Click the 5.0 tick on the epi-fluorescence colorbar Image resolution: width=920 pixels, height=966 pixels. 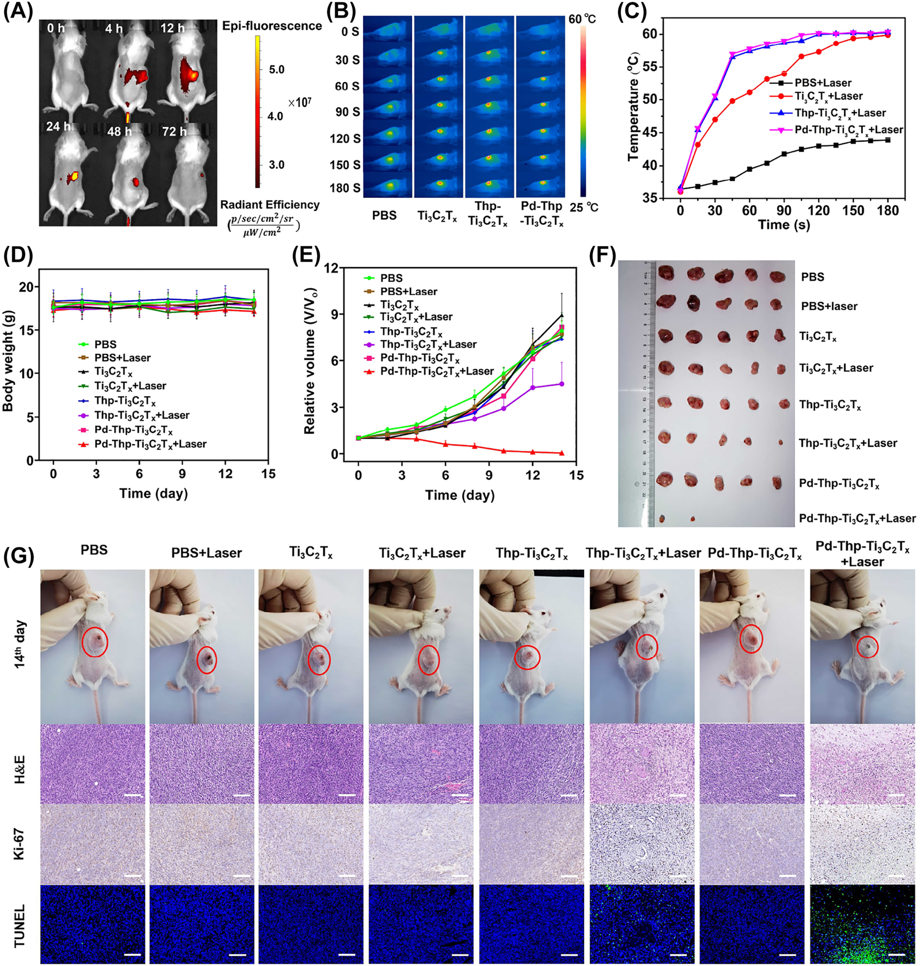click(276, 70)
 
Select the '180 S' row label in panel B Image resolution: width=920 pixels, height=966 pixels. click(345, 188)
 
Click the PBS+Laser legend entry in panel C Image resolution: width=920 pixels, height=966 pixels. click(822, 83)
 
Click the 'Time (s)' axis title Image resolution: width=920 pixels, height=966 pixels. click(784, 225)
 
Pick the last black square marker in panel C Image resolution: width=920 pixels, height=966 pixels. click(887, 140)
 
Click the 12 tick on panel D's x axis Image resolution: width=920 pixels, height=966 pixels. click(225, 474)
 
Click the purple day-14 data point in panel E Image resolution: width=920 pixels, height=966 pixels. click(561, 384)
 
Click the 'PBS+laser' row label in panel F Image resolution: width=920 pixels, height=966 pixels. click(829, 307)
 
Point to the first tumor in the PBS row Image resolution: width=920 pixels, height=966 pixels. click(665, 273)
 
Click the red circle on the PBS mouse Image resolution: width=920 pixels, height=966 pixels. click(94, 642)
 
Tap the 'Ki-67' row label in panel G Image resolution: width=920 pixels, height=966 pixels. click(19, 844)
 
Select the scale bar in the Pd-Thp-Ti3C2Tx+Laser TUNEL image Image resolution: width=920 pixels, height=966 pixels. click(897, 954)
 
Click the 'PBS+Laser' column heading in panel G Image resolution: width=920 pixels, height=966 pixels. click(207, 553)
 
